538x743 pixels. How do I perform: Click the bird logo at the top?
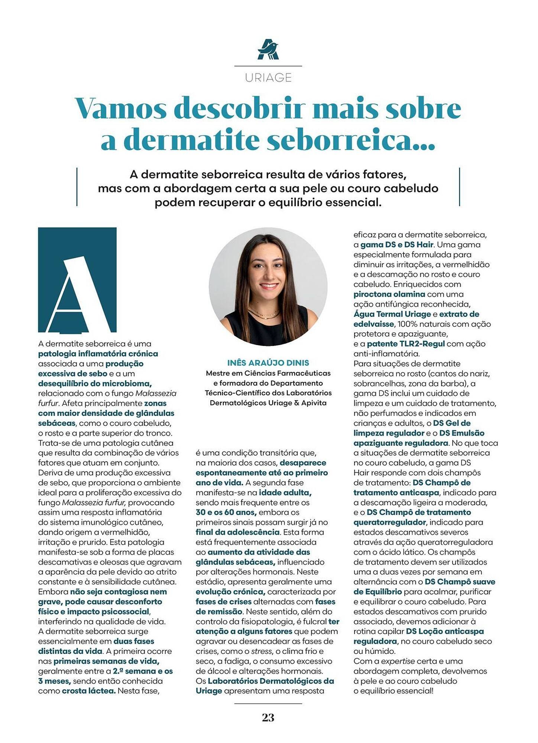(268, 49)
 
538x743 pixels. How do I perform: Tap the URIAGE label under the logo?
(268, 78)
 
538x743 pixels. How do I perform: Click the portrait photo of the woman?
(268, 286)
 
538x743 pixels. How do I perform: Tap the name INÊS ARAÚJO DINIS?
(268, 363)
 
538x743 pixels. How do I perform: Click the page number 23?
(268, 717)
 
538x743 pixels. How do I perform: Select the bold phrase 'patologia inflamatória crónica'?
(98, 354)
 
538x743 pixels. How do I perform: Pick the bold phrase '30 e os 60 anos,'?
(226, 512)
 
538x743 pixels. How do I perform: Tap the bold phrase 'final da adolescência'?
(237, 532)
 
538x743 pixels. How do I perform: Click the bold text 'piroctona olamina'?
(389, 294)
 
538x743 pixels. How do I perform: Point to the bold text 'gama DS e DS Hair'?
(397, 245)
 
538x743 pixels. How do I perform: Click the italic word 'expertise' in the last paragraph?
(398, 661)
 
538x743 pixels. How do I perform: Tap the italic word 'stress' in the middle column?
(261, 651)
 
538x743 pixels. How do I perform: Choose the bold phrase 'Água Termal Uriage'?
(392, 314)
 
